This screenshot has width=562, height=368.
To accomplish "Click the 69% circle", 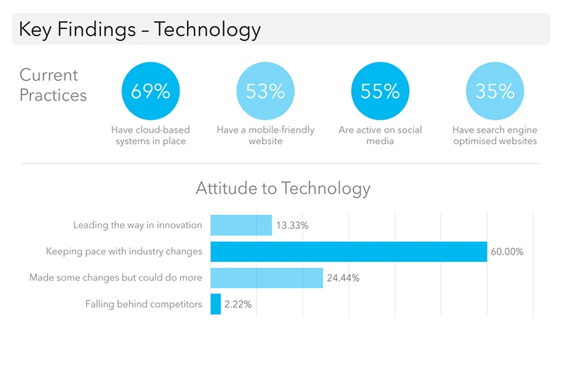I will (150, 91).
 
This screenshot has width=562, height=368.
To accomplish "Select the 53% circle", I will (266, 91).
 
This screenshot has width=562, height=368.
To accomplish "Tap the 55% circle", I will (380, 91).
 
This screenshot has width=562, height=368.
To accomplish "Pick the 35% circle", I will (495, 91).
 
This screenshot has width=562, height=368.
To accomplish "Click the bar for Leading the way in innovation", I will (241, 225).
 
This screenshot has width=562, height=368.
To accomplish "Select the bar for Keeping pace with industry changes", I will (348, 251).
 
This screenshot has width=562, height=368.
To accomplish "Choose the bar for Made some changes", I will (266, 277).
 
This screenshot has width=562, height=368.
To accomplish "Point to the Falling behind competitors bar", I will (216, 304).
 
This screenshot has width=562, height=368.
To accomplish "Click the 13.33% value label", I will (292, 225).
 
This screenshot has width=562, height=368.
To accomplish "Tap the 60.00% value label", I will (507, 251).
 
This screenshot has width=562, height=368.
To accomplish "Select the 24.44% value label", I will (343, 278).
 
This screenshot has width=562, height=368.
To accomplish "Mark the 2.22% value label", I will (238, 304).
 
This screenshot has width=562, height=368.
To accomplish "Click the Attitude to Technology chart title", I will (282, 188).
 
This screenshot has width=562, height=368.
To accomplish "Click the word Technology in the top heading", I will (207, 29).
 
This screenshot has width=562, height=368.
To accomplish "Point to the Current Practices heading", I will (53, 85).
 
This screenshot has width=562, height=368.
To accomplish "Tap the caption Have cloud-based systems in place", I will (150, 136).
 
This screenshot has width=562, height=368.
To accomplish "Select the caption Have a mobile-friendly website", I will (266, 136).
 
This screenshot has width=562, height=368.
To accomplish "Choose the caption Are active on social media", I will (380, 136).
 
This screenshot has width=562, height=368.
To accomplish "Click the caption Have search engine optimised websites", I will (495, 136).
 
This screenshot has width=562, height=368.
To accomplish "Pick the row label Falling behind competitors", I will (143, 304).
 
